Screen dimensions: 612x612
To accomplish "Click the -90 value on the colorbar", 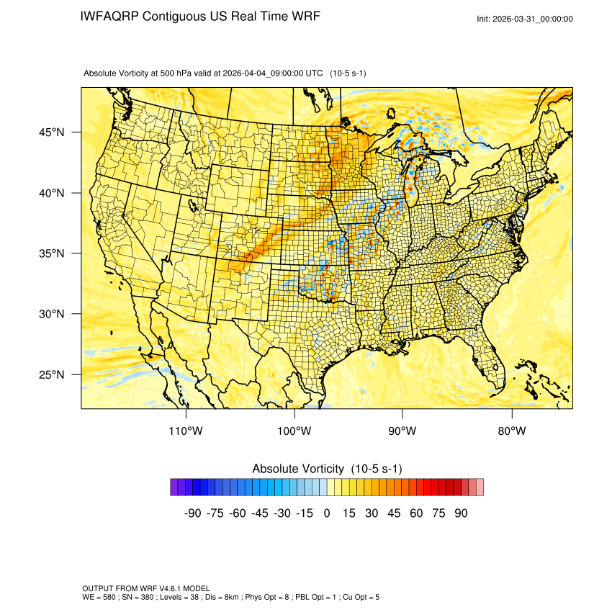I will tap(192, 513).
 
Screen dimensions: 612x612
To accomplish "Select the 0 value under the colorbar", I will tap(327, 513).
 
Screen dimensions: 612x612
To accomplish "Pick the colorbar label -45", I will tap(259, 513).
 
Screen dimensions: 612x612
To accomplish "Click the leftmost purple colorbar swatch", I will tap(174, 487).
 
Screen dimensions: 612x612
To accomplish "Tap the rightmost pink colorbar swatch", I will tap(480, 487).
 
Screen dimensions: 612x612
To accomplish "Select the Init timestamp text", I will tap(525, 19).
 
